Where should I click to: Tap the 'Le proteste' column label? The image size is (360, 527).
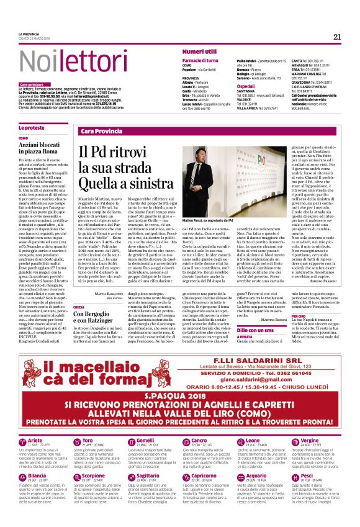[x=31, y=128]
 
